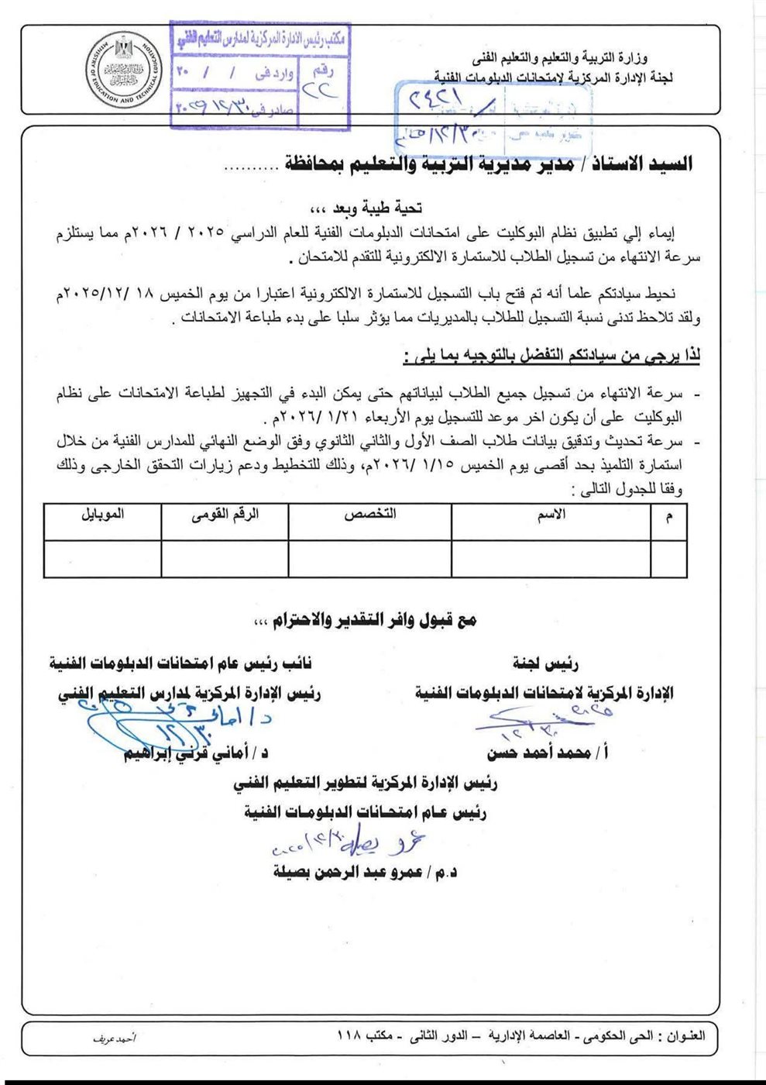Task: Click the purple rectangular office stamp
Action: point(259,75)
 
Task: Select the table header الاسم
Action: point(551,515)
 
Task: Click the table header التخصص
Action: point(370,515)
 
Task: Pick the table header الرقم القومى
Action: point(225,515)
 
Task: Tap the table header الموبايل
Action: point(102,515)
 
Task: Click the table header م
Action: point(669,515)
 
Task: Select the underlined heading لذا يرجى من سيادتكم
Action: point(551,356)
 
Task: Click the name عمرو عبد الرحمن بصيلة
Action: point(365,872)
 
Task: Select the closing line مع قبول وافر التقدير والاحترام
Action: point(364,620)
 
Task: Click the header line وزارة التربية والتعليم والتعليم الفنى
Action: point(559,58)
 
